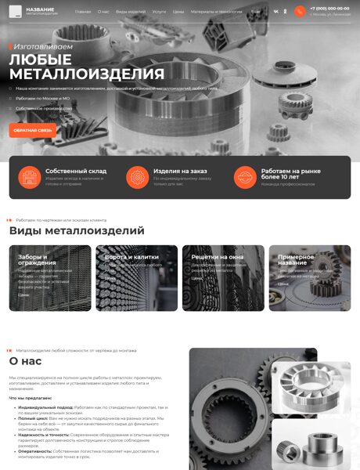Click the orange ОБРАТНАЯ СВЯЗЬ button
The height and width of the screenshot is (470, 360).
(33, 130)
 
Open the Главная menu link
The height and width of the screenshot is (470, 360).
(83, 12)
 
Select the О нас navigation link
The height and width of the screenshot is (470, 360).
(104, 12)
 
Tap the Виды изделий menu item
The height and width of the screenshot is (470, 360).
(130, 12)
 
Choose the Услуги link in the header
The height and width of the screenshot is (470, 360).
(159, 12)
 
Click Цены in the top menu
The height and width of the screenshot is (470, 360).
(178, 12)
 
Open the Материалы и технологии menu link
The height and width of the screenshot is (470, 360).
(217, 12)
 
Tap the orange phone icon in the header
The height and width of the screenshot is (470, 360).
(300, 11)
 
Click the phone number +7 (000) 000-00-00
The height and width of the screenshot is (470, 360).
(329, 8)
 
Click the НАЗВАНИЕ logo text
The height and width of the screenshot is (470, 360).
(40, 9)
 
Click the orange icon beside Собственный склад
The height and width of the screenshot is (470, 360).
(30, 178)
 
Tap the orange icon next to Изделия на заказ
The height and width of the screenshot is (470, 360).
(137, 178)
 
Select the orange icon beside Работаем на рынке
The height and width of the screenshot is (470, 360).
(245, 178)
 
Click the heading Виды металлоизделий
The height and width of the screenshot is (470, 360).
(77, 231)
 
